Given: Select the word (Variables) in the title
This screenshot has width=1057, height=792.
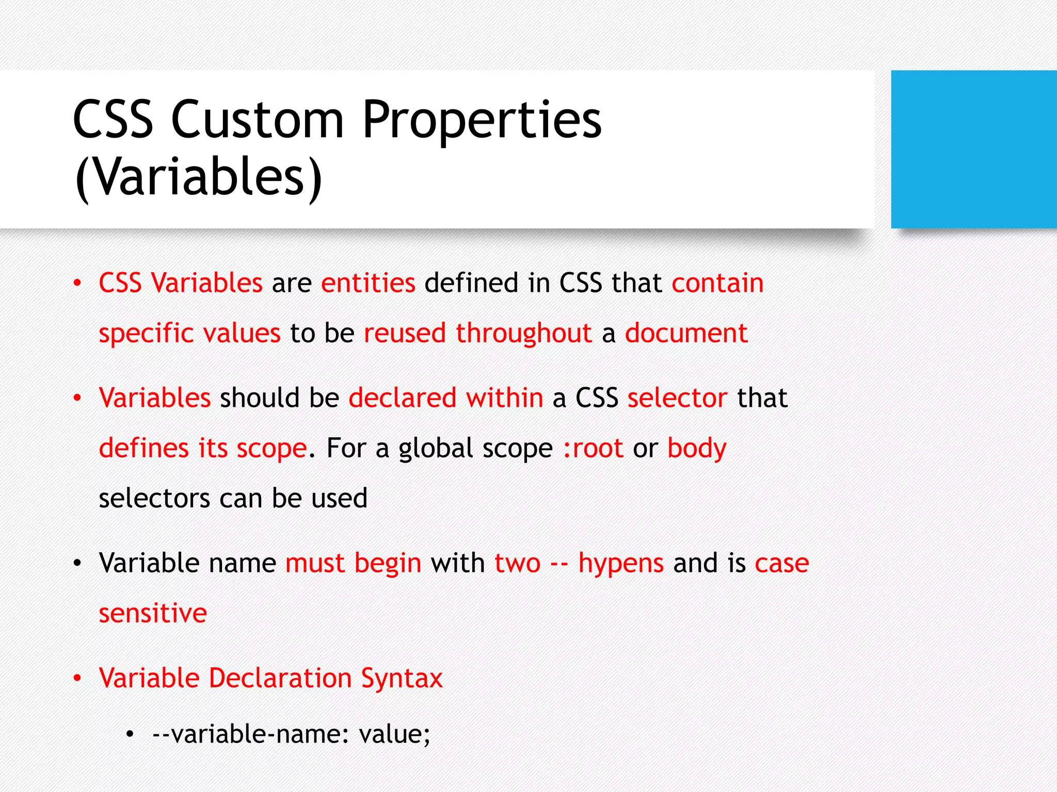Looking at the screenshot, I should [198, 177].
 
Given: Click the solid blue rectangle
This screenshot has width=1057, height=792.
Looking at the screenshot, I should [973, 149].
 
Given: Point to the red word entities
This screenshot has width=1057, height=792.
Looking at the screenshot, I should [368, 283].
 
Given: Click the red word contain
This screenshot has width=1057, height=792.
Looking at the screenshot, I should [717, 283].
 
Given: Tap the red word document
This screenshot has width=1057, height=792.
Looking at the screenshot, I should [686, 333].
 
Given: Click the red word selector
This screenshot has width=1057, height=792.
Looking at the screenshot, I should [677, 398].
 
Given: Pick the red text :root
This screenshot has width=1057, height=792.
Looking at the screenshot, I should [593, 448].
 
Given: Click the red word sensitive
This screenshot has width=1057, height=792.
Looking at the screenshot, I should [153, 613].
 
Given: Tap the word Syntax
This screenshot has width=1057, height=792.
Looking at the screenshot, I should [402, 679].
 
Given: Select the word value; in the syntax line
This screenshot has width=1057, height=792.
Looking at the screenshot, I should [394, 734].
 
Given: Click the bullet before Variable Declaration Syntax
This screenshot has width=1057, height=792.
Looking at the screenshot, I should [77, 678].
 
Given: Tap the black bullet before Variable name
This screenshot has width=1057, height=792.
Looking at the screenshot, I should [77, 563].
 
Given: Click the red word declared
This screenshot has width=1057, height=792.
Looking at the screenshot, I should [403, 398].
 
